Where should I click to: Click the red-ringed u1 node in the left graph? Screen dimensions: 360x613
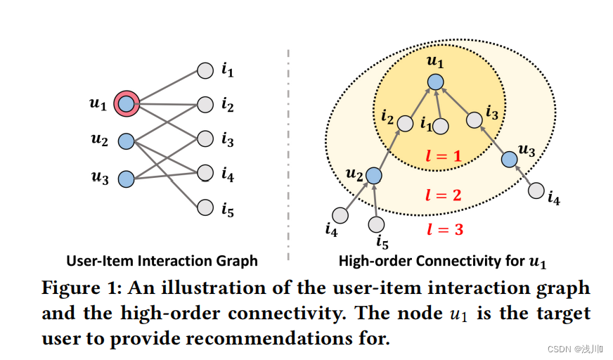(126, 104)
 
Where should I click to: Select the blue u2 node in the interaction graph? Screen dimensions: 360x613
(126, 141)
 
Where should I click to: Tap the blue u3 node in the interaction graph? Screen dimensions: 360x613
(126, 179)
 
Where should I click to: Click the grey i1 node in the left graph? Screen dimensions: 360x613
(205, 71)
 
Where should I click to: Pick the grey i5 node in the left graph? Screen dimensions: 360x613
(205, 207)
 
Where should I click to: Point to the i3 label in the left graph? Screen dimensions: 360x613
(227, 140)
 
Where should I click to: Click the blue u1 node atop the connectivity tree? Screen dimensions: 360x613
(436, 82)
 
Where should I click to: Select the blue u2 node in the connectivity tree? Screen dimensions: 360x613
(374, 175)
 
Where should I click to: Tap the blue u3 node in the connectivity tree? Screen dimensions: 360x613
(509, 160)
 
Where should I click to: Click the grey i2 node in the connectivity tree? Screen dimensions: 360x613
(405, 124)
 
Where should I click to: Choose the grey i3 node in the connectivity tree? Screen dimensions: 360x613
(475, 121)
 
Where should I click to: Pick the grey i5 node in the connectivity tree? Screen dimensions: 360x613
(377, 224)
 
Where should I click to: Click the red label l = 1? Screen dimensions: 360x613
(444, 156)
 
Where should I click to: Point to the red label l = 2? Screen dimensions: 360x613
(444, 194)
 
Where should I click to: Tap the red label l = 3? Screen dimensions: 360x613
(445, 229)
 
